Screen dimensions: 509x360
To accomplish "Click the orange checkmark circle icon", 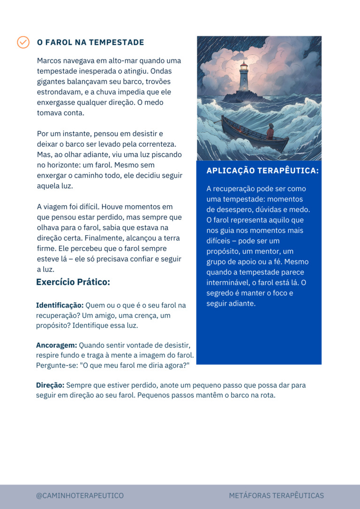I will pos(23,42).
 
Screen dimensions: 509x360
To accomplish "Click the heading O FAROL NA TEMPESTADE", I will pos(90,43).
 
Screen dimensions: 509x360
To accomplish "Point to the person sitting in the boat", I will pos(270,132).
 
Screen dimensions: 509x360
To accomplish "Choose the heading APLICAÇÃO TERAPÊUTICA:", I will pos(262,171).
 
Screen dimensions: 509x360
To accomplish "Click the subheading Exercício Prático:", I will pos(73,282).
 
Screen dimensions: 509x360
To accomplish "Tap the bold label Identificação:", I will pos(60,305).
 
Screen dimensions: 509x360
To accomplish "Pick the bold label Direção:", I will pos(50,385).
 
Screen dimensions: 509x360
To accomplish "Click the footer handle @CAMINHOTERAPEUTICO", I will pos(80,495).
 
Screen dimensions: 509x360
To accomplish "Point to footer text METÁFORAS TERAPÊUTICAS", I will pos(277,495).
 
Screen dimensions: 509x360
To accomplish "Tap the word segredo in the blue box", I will pos(221,293).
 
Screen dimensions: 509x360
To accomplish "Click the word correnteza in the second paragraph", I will pos(157,144).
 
